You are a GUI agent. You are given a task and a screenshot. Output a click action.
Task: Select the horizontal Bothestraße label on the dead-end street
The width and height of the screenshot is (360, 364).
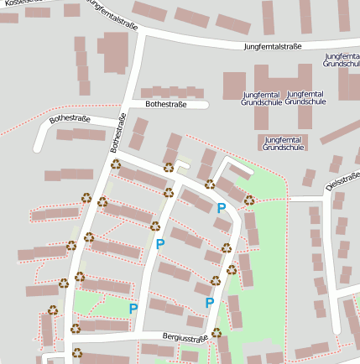(166, 105)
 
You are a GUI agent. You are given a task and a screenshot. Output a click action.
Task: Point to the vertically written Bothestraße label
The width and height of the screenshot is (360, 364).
(117, 133)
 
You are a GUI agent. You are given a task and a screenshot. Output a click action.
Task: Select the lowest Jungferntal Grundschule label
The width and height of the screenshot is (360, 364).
(282, 143)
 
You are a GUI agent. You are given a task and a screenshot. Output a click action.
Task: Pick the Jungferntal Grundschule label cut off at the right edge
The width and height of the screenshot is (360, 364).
(342, 60)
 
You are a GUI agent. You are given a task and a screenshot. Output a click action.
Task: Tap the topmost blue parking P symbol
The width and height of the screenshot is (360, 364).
(222, 208)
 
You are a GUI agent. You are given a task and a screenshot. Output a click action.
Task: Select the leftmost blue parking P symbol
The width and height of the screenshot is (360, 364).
(133, 309)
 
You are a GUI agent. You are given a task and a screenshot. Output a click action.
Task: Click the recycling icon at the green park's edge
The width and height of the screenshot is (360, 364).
(249, 200)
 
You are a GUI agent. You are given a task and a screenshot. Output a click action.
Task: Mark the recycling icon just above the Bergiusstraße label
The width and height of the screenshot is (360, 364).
(216, 332)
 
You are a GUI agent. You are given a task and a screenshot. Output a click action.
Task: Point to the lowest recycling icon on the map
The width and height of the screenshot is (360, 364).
(76, 352)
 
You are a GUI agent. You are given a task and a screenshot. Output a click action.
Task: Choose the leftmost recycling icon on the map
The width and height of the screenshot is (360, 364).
(53, 309)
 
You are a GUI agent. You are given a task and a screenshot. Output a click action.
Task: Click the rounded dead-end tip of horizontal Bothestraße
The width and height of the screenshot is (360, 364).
(206, 105)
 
